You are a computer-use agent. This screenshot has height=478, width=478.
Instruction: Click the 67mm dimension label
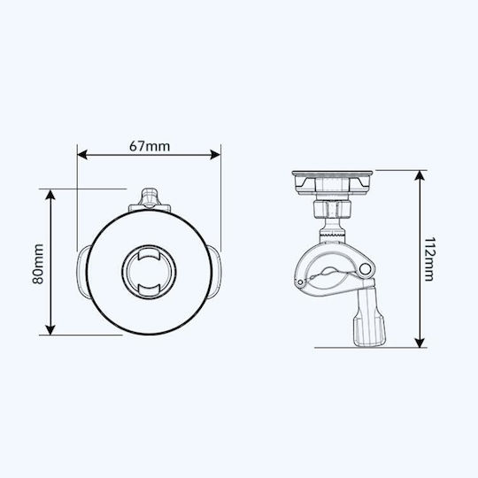click(x=150, y=146)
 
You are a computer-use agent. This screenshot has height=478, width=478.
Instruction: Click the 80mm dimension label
click(x=38, y=264)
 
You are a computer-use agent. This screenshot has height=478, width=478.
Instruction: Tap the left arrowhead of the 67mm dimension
click(x=82, y=155)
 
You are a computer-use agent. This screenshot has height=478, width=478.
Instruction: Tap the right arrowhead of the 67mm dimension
click(x=215, y=155)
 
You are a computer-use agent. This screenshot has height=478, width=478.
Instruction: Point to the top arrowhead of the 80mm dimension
click(x=50, y=195)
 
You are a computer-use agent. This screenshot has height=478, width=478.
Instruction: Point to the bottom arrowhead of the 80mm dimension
click(x=50, y=330)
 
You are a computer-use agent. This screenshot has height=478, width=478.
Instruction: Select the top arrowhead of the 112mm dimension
click(x=420, y=175)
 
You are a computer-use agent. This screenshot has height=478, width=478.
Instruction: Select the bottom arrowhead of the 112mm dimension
click(x=420, y=343)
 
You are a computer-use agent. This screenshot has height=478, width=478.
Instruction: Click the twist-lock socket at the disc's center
click(x=149, y=273)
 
